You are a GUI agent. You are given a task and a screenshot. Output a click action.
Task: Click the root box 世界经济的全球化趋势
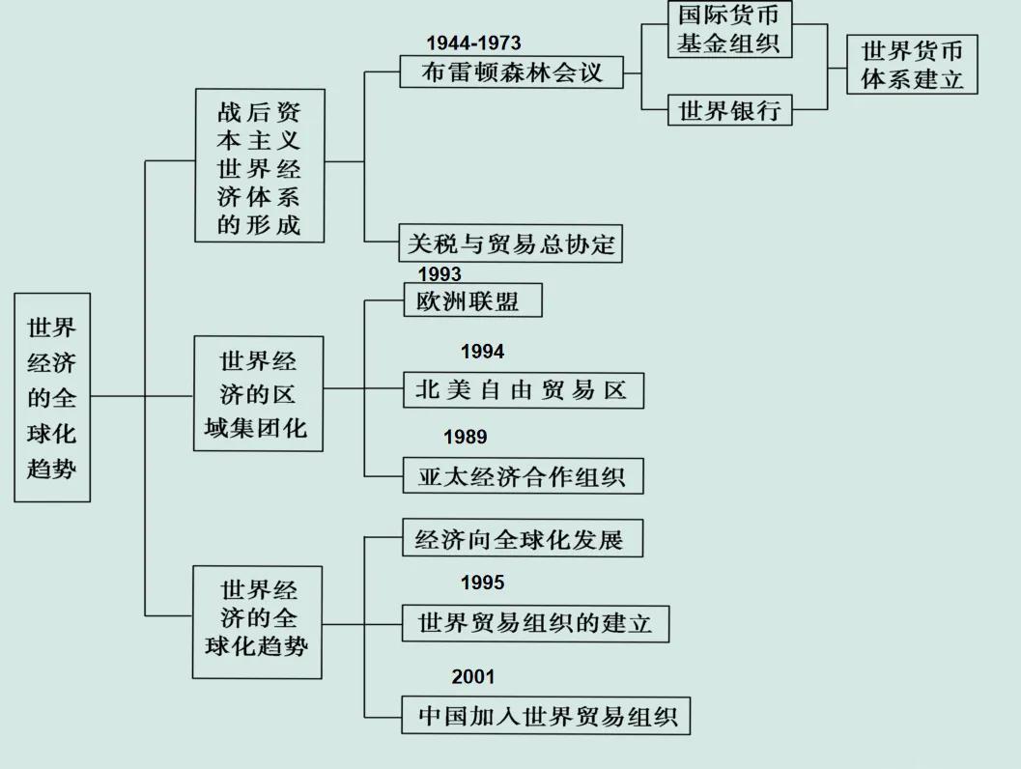click(52, 397)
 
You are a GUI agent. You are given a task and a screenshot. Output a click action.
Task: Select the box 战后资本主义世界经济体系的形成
click(260, 165)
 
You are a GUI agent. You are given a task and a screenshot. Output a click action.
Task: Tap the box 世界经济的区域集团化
click(259, 393)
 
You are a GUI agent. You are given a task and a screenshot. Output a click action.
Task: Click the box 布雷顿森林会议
click(512, 71)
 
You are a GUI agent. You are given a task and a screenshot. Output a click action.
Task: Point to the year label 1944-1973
click(473, 43)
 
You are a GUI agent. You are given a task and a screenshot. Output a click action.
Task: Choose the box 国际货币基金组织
click(729, 29)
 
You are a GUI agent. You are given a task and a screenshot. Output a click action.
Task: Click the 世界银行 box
click(730, 110)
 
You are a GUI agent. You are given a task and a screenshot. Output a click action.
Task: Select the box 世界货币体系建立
click(912, 65)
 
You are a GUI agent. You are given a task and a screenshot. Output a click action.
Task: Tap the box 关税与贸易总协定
click(510, 243)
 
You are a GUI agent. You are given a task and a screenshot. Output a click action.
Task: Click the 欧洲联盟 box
click(472, 300)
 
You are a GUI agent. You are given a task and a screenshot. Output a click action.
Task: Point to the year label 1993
click(440, 273)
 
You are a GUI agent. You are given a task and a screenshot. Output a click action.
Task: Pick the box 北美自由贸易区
click(524, 390)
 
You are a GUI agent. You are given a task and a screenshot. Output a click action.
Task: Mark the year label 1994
click(483, 352)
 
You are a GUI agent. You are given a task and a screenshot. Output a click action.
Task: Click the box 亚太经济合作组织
click(523, 476)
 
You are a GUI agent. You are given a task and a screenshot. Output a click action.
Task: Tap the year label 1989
click(465, 437)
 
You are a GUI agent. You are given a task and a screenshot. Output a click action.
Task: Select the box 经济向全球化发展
click(523, 538)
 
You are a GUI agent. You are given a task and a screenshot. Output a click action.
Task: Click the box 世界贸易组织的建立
click(535, 623)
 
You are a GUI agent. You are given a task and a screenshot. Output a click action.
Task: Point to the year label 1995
click(483, 583)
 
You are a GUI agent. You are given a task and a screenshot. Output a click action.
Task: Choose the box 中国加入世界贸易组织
click(546, 716)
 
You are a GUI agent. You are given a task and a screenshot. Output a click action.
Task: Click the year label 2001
click(473, 676)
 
